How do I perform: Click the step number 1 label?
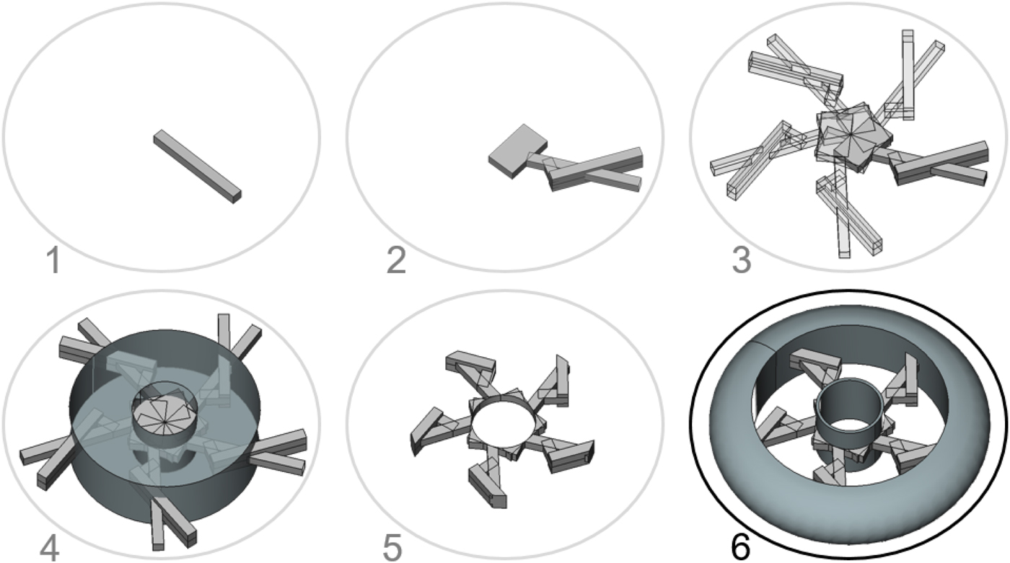[x=52, y=261]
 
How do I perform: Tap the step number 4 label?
[x=49, y=547]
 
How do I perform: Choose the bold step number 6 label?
[x=739, y=547]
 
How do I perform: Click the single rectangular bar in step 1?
[x=197, y=166]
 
